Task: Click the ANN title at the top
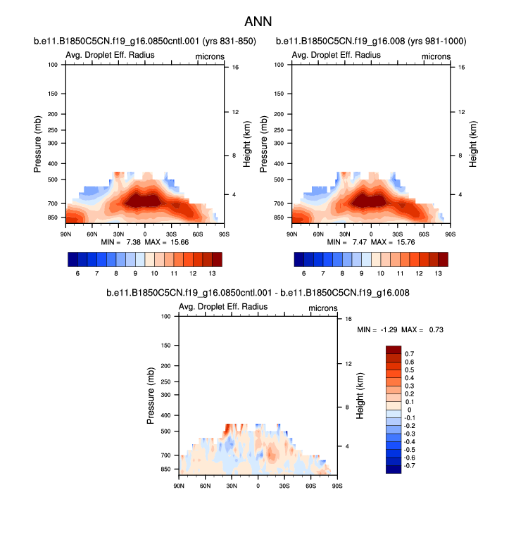click(258, 22)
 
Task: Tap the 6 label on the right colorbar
click(303, 273)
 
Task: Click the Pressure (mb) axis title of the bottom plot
click(151, 396)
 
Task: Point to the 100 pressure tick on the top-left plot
click(52, 65)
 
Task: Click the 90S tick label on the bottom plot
click(337, 486)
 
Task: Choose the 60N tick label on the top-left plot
click(92, 234)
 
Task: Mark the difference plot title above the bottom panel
click(258, 292)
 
